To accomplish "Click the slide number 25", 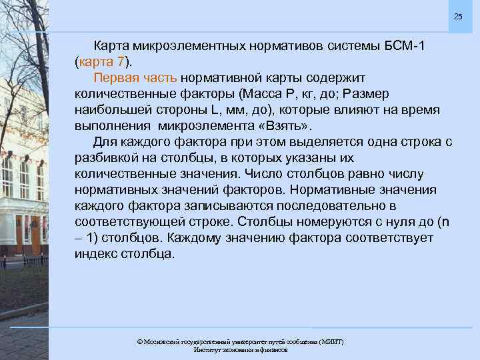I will (x=457, y=16).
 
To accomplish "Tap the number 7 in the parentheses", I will (x=127, y=63).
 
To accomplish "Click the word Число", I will (x=267, y=174).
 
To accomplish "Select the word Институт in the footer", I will (x=208, y=349).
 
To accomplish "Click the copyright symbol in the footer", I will (x=139, y=341).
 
